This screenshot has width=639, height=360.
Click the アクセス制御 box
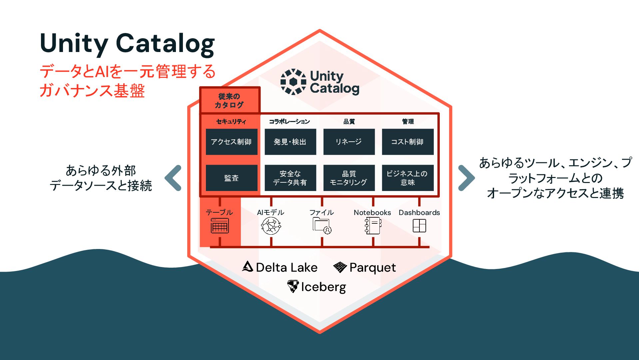pyautogui.click(x=232, y=142)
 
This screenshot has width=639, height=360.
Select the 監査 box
pyautogui.click(x=232, y=178)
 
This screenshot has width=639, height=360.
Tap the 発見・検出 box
pyautogui.click(x=290, y=142)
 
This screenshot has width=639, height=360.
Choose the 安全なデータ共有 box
pyautogui.click(x=290, y=178)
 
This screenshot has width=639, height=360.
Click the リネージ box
pyautogui.click(x=349, y=142)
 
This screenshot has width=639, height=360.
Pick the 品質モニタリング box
pyautogui.click(x=349, y=178)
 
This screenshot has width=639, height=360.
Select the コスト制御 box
pyautogui.click(x=407, y=142)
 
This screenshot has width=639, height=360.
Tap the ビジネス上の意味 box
pyautogui.click(x=407, y=178)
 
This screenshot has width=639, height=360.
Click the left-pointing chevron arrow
pyautogui.click(x=174, y=178)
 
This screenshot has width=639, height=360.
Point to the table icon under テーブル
pyautogui.click(x=220, y=226)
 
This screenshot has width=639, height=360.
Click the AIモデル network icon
pyautogui.click(x=271, y=226)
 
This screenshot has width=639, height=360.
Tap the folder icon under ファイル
pyautogui.click(x=322, y=226)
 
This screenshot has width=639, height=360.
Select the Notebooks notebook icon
pyautogui.click(x=373, y=226)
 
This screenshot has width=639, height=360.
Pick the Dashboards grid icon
pyautogui.click(x=419, y=226)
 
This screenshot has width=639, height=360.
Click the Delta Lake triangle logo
pyautogui.click(x=248, y=267)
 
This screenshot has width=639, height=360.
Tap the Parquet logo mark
pyautogui.click(x=340, y=267)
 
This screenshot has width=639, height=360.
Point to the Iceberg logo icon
pyautogui.click(x=293, y=286)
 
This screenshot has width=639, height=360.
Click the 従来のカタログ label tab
pyautogui.click(x=230, y=100)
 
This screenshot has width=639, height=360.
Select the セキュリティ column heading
pyautogui.click(x=231, y=122)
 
